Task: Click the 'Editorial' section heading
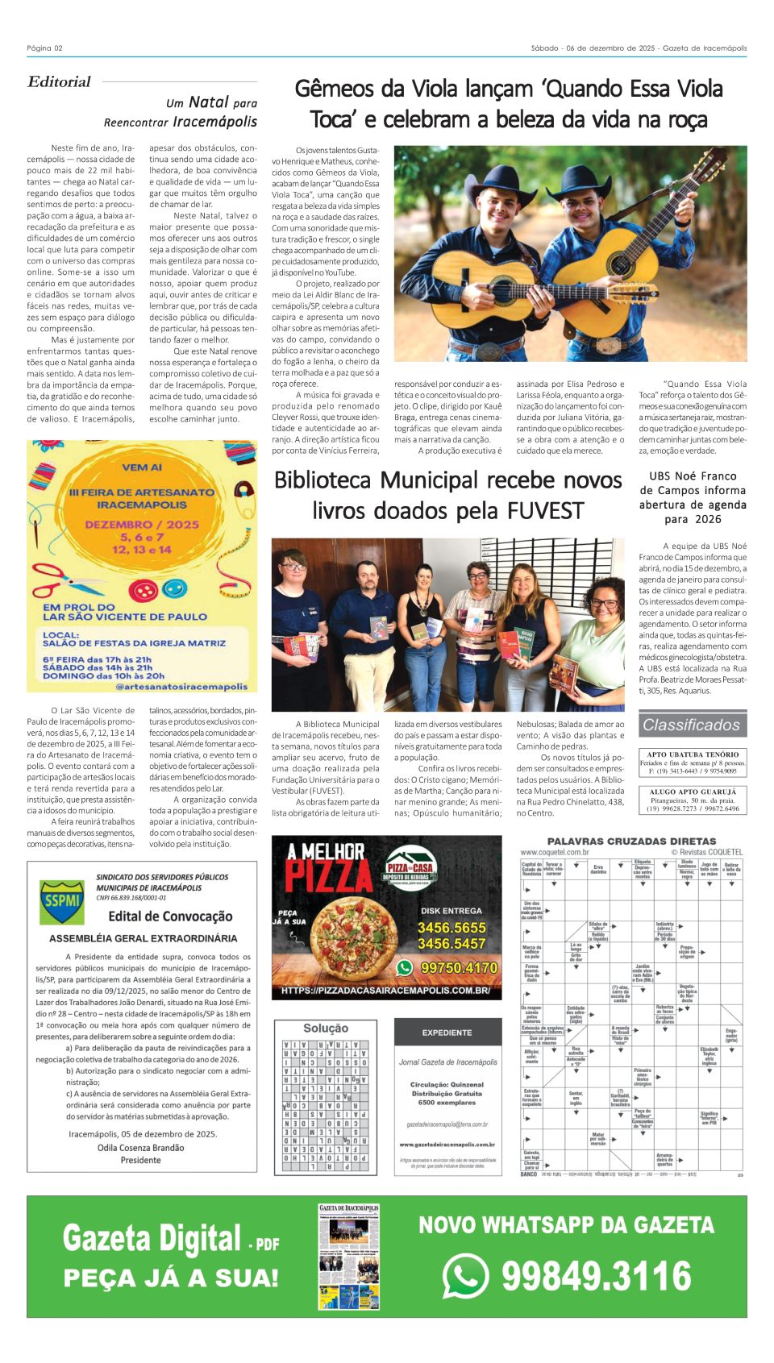[59, 81]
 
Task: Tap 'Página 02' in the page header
[44, 48]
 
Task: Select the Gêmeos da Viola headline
[509, 104]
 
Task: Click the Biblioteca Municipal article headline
[447, 495]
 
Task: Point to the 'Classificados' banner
[691, 725]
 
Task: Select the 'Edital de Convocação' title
[170, 916]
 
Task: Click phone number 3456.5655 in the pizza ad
[451, 928]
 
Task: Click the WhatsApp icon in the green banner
[465, 1276]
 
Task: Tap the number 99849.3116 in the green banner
[597, 1276]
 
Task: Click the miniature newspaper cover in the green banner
[348, 1256]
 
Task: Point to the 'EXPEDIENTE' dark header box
[447, 1033]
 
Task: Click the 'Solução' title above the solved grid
[326, 1028]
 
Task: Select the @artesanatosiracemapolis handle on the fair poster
[181, 687]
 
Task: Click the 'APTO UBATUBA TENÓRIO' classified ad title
[693, 754]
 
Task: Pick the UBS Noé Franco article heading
[693, 497]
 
